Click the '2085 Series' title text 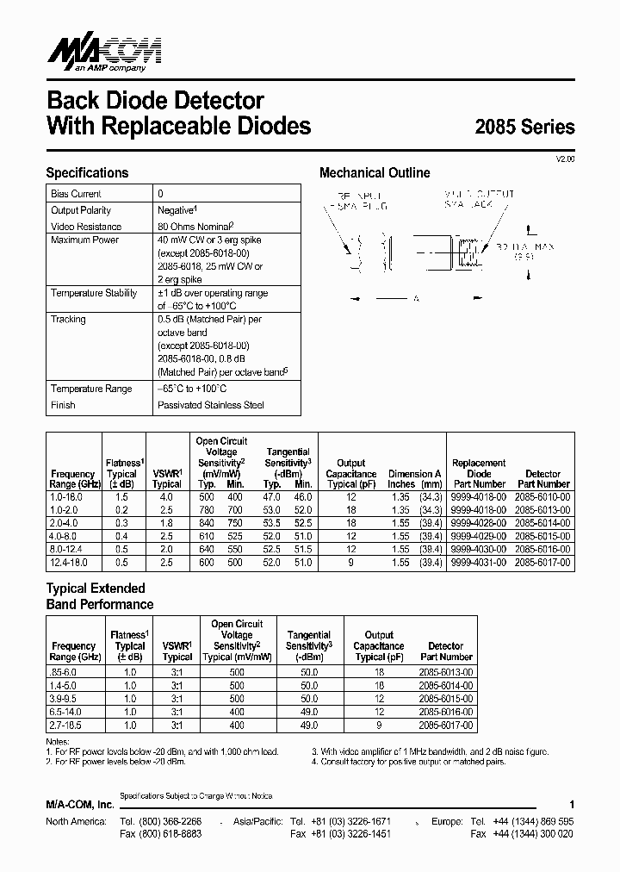[x=524, y=127]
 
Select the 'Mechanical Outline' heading [x=375, y=172]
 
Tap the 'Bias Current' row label [x=76, y=194]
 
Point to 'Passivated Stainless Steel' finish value [x=210, y=405]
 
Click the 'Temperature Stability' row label [x=94, y=293]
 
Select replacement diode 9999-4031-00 [x=479, y=562]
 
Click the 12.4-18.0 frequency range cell [x=72, y=562]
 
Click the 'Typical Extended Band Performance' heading [x=99, y=597]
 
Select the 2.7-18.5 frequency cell [x=73, y=726]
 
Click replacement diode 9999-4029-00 [x=479, y=536]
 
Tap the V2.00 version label [x=564, y=159]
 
